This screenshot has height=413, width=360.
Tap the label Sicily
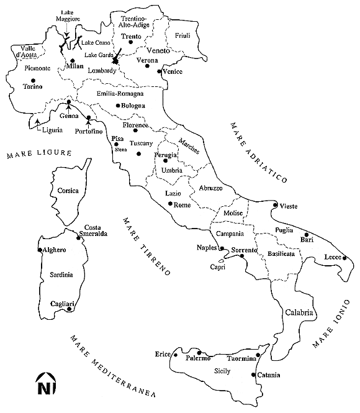[222, 371]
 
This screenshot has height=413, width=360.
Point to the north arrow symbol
[44, 384]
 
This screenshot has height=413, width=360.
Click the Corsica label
[67, 191]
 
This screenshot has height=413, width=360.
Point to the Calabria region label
[299, 313]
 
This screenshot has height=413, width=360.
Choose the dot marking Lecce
[346, 260]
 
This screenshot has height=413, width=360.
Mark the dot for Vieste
[276, 204]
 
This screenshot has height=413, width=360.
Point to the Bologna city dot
[118, 106]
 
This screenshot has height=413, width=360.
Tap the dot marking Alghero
[40, 250]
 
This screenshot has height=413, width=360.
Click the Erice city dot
[176, 356]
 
